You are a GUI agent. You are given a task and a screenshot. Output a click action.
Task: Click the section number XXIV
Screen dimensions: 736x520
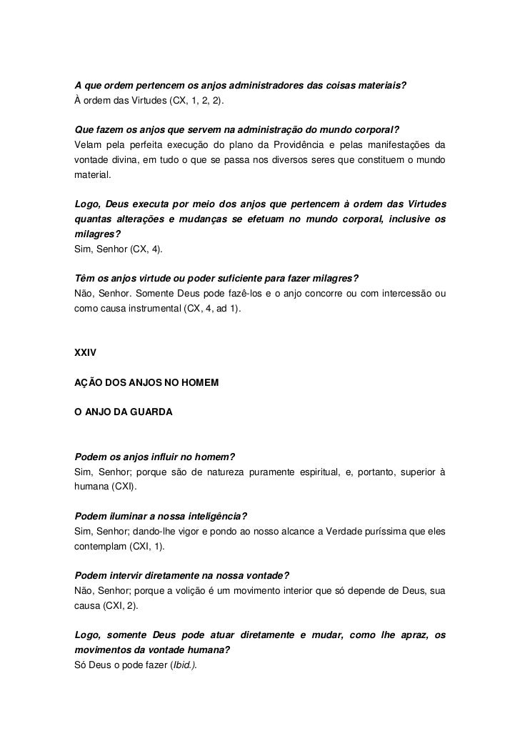pos(86,352)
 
